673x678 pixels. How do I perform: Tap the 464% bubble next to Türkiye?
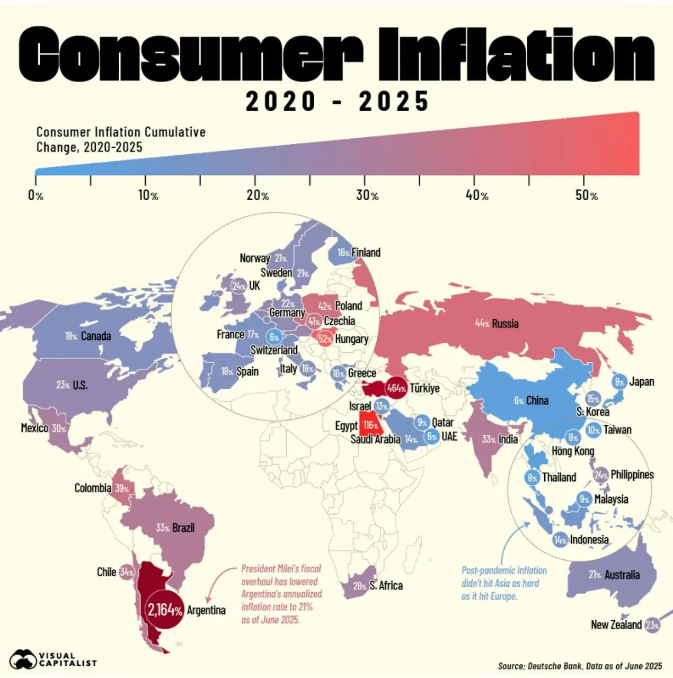396,388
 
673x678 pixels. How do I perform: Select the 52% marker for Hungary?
324,339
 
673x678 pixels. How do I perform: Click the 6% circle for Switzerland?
274,337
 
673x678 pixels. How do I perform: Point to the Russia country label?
505,324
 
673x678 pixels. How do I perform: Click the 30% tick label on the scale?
367,195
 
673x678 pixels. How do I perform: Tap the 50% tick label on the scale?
586,195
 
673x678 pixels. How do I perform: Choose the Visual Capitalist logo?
53,659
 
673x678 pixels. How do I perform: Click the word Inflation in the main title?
516,54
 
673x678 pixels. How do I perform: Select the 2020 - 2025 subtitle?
337,101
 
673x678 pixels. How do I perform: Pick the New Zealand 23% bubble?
652,625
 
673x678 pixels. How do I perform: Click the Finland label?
366,253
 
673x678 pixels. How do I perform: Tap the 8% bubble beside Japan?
619,381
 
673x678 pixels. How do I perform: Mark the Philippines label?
632,475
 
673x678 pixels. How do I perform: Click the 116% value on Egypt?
371,425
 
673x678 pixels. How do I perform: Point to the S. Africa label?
386,585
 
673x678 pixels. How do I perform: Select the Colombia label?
93,488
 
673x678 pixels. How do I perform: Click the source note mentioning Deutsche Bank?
580,666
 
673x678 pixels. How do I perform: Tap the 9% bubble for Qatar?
422,423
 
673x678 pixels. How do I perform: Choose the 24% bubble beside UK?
239,286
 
